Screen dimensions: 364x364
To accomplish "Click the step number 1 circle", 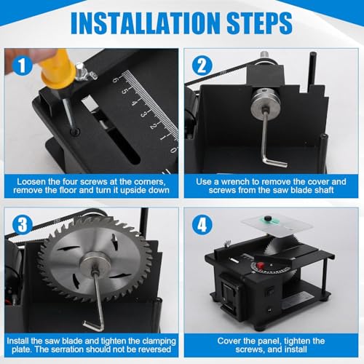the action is [22, 65].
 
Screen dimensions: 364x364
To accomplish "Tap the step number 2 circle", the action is [202, 66].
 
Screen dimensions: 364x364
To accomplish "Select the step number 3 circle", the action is [23, 224].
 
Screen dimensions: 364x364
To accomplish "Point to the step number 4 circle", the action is [202, 224].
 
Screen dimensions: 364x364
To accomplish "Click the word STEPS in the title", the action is [259, 23].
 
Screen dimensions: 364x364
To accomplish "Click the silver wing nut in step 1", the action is [84, 72].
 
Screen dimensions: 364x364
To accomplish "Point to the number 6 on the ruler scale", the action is [115, 79].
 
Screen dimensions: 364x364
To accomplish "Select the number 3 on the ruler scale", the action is [143, 114].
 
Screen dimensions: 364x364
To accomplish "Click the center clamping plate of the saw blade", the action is [95, 264].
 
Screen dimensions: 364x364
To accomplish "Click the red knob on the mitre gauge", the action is [261, 265].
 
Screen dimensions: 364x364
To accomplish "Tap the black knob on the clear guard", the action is [268, 218].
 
